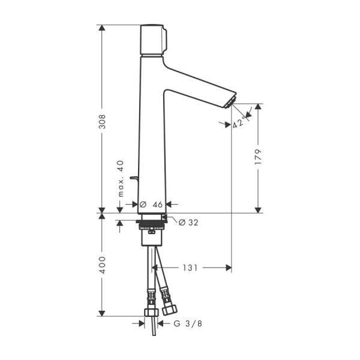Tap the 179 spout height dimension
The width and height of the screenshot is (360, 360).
(x=259, y=157)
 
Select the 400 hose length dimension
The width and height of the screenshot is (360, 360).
(x=102, y=265)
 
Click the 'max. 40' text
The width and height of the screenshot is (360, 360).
(x=120, y=179)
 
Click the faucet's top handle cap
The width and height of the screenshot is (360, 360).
(x=153, y=39)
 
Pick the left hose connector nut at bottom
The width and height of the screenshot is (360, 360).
(x=150, y=314)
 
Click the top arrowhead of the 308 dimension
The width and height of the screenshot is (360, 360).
(x=102, y=28)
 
